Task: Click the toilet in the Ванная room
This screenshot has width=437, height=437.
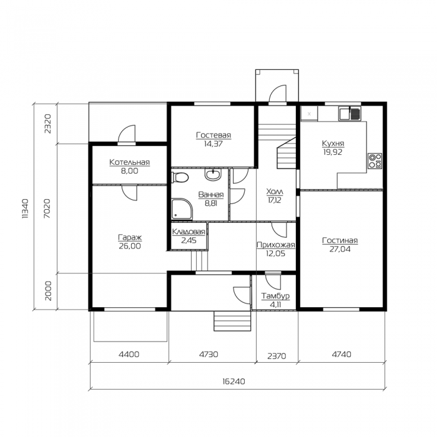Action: click(x=180, y=177)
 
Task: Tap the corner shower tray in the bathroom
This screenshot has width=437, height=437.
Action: click(x=182, y=209)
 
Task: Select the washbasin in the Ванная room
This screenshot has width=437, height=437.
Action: click(x=213, y=174)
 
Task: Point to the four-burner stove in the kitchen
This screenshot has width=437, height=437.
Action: click(x=375, y=161)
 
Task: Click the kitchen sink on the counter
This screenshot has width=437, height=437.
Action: click(x=350, y=114)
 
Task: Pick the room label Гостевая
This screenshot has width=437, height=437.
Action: click(x=214, y=135)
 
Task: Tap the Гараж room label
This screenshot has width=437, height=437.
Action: click(x=130, y=238)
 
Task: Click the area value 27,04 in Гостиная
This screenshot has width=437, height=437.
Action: click(x=340, y=249)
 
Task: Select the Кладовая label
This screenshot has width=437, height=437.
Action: click(x=189, y=232)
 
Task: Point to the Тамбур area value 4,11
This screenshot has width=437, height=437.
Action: click(x=275, y=305)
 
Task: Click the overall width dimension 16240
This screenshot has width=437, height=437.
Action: click(x=233, y=381)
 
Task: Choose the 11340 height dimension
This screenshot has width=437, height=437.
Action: click(x=26, y=209)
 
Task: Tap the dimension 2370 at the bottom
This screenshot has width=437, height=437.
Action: click(x=277, y=356)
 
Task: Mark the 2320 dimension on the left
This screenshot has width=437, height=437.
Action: click(x=48, y=124)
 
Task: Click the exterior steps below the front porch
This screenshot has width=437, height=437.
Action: click(x=232, y=321)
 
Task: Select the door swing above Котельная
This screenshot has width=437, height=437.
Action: click(x=127, y=134)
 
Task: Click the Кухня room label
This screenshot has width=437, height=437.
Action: click(x=333, y=144)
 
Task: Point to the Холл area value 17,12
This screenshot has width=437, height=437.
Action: click(x=275, y=200)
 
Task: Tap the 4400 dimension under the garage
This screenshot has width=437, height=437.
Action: click(x=129, y=354)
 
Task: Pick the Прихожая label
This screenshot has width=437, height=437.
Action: click(x=276, y=245)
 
